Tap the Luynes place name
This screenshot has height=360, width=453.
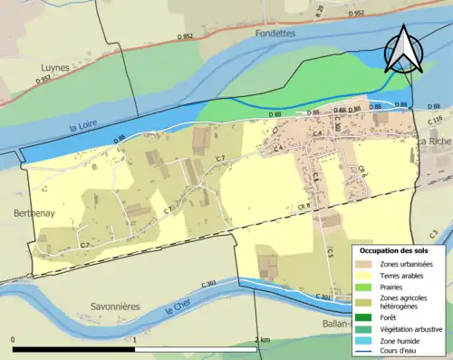click(55, 67)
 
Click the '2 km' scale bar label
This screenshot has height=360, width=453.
click(262, 339)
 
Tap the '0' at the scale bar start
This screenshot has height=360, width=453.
click(14, 339)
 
